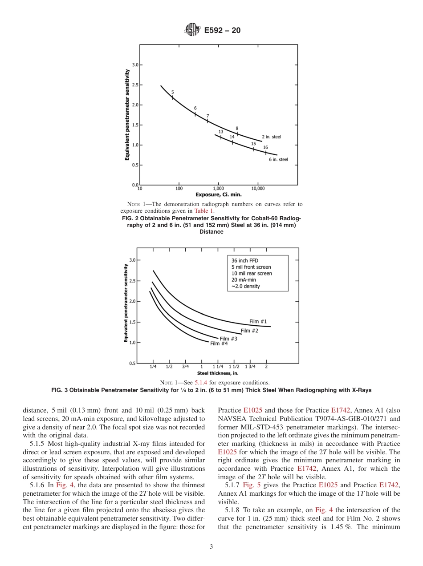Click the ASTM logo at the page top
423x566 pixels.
tap(192, 30)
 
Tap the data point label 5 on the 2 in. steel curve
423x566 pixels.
tap(173, 92)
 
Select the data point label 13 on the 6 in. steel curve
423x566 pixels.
tap(221, 132)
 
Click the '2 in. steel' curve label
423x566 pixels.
tap(271, 137)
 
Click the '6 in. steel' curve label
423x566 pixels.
tap(278, 159)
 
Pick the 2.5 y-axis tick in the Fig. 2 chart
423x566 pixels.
tap(134, 85)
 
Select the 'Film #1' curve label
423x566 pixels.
tap(258, 321)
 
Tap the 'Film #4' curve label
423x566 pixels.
tap(219, 344)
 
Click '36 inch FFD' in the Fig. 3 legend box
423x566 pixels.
tap(244, 261)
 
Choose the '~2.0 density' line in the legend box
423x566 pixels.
tap(245, 286)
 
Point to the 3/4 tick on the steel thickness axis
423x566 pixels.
tap(185, 367)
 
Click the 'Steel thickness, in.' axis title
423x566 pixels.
tap(217, 373)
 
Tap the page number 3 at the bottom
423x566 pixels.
tap(211, 546)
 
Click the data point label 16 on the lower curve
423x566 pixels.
tap(265, 147)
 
